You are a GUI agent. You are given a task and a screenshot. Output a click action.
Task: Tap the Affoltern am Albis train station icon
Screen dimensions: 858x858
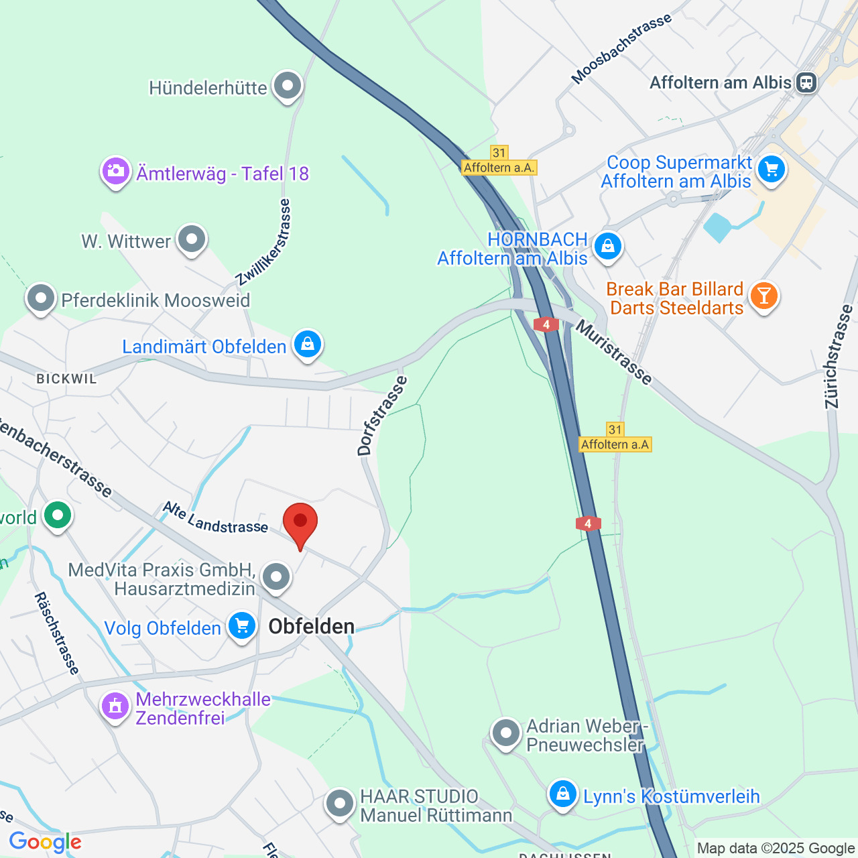pyautogui.click(x=806, y=82)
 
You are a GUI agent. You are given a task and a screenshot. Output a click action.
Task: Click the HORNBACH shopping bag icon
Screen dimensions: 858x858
pyautogui.click(x=608, y=247)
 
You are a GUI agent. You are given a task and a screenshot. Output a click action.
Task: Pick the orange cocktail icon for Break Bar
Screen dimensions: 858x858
pyautogui.click(x=763, y=296)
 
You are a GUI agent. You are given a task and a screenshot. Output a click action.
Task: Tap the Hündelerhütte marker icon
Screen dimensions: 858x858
pyautogui.click(x=288, y=86)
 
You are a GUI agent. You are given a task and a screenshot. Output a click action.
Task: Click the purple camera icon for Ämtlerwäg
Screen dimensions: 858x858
pyautogui.click(x=116, y=172)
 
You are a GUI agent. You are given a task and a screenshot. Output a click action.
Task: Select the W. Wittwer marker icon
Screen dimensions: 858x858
pyautogui.click(x=192, y=239)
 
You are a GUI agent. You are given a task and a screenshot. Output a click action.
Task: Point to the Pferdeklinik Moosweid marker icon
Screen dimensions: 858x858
pyautogui.click(x=41, y=298)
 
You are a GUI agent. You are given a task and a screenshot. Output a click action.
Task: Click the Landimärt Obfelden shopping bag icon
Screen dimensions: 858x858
pyautogui.click(x=307, y=345)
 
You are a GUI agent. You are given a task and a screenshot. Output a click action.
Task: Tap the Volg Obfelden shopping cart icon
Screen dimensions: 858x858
pyautogui.click(x=241, y=626)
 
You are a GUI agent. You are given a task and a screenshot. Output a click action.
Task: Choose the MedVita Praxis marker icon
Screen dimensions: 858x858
pyautogui.click(x=275, y=576)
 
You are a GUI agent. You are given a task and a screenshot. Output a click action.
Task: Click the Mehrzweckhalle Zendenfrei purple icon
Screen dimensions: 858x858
pyautogui.click(x=115, y=707)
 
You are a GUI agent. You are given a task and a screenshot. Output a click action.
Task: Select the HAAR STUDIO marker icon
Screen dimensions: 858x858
pyautogui.click(x=340, y=803)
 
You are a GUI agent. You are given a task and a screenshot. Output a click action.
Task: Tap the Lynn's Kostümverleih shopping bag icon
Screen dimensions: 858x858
pyautogui.click(x=562, y=795)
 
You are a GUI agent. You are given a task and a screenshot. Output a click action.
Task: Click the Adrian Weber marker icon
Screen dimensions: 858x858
pyautogui.click(x=505, y=733)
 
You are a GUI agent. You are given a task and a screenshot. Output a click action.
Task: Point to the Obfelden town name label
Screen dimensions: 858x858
pyautogui.click(x=312, y=626)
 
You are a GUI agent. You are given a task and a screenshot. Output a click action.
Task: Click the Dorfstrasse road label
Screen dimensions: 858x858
pyautogui.click(x=382, y=416)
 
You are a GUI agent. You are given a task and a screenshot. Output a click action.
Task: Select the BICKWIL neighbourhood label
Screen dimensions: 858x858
pyautogui.click(x=66, y=379)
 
